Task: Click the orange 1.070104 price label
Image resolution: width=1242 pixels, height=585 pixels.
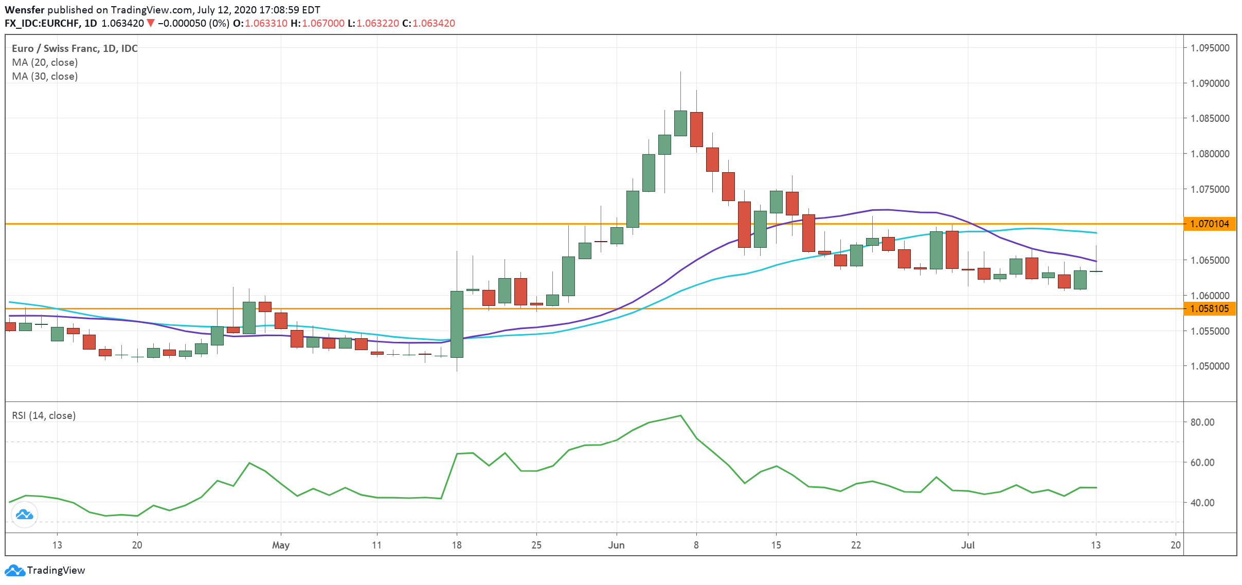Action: point(1209,224)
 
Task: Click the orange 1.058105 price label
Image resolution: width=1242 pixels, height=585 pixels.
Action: point(1209,308)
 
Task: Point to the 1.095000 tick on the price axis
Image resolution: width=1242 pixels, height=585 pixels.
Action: point(1210,48)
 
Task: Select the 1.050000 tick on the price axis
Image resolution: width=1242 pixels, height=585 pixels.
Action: point(1210,366)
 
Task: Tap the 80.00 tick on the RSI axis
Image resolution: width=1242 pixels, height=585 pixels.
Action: point(1202,422)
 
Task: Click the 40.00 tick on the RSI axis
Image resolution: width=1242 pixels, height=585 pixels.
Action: point(1202,503)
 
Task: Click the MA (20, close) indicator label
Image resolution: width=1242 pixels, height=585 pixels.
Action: point(45,62)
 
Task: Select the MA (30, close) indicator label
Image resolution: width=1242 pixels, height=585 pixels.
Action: point(45,76)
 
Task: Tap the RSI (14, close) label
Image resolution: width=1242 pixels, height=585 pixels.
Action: point(44,415)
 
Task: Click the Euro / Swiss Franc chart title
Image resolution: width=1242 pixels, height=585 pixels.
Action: point(75,48)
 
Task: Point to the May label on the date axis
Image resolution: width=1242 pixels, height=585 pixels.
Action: point(281,545)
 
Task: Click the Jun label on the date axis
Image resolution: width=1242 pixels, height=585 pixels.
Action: point(616,545)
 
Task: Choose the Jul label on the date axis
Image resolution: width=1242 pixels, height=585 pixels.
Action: point(968,545)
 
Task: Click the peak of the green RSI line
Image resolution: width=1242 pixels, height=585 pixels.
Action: point(680,415)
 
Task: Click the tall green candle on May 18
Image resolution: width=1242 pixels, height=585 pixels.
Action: point(457,324)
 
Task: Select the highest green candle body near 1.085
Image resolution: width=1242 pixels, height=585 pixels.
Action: point(680,123)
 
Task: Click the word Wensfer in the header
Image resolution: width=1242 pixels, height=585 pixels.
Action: point(24,10)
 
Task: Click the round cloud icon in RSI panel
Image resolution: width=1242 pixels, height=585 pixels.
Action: point(24,514)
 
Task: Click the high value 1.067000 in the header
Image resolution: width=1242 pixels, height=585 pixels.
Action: point(323,23)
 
